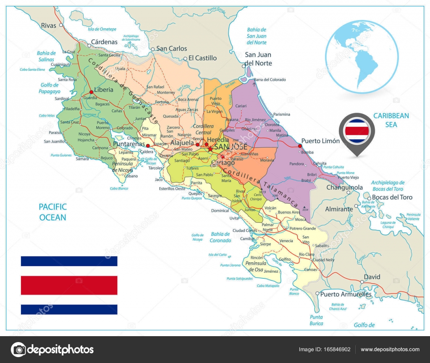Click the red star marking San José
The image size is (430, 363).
[x=210, y=148]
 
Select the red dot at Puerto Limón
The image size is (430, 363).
[x=300, y=146]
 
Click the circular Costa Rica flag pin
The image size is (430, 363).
[x=357, y=130]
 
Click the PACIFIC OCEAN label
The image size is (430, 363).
[x=52, y=212]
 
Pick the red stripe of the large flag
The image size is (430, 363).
[x=69, y=285]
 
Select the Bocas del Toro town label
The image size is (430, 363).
[x=392, y=197]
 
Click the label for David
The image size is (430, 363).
[x=372, y=277]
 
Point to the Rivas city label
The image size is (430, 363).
[x=48, y=26]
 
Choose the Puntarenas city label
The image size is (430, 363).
[x=128, y=144]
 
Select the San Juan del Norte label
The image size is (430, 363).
[x=258, y=59]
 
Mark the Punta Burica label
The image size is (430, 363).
[x=316, y=320]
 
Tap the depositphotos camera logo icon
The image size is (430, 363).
[x=18, y=349]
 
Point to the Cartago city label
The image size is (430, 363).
[x=223, y=163]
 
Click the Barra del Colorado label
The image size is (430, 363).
[x=270, y=80]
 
